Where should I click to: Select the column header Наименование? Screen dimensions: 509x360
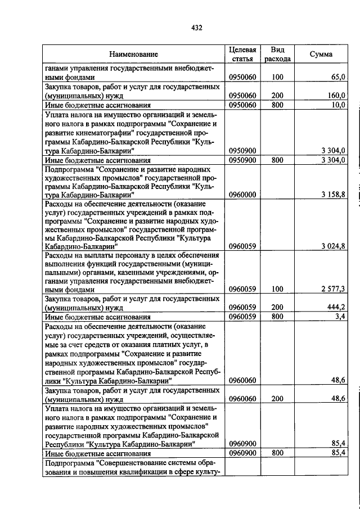133,55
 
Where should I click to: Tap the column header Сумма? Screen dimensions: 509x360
321,55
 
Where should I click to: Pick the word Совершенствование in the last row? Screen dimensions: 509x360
130,463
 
